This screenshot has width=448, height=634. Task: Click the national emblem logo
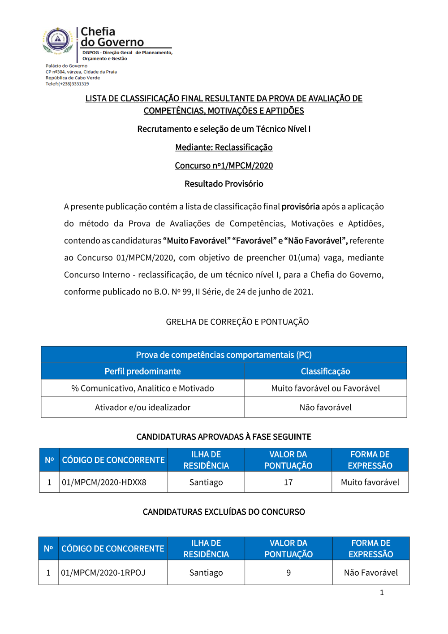58,40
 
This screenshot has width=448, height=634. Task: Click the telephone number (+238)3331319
73,84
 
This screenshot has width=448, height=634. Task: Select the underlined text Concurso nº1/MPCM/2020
224,165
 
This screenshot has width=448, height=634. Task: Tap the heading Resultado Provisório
224,184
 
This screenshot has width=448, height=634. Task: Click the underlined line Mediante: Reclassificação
224,147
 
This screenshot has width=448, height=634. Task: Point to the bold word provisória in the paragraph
301,207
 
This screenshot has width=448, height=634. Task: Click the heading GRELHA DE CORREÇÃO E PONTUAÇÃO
237,322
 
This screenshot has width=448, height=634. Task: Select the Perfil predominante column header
142,371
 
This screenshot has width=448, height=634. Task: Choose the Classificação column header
325,371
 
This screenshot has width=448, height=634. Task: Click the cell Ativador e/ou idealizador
142,408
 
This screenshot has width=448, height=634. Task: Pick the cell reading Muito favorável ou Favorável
325,388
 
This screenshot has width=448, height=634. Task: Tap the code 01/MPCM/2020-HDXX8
104,482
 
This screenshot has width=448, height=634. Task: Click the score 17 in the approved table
288,482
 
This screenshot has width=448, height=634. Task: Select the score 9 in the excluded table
289,573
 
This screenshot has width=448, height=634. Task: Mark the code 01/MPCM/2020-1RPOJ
103,573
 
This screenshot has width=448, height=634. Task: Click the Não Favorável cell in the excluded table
370,573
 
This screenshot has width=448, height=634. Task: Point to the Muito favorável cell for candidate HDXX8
370,482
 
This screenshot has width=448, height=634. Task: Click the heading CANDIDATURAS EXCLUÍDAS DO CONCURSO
224,512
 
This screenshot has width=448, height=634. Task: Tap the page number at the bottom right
382,592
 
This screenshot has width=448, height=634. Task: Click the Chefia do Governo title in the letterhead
112,37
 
